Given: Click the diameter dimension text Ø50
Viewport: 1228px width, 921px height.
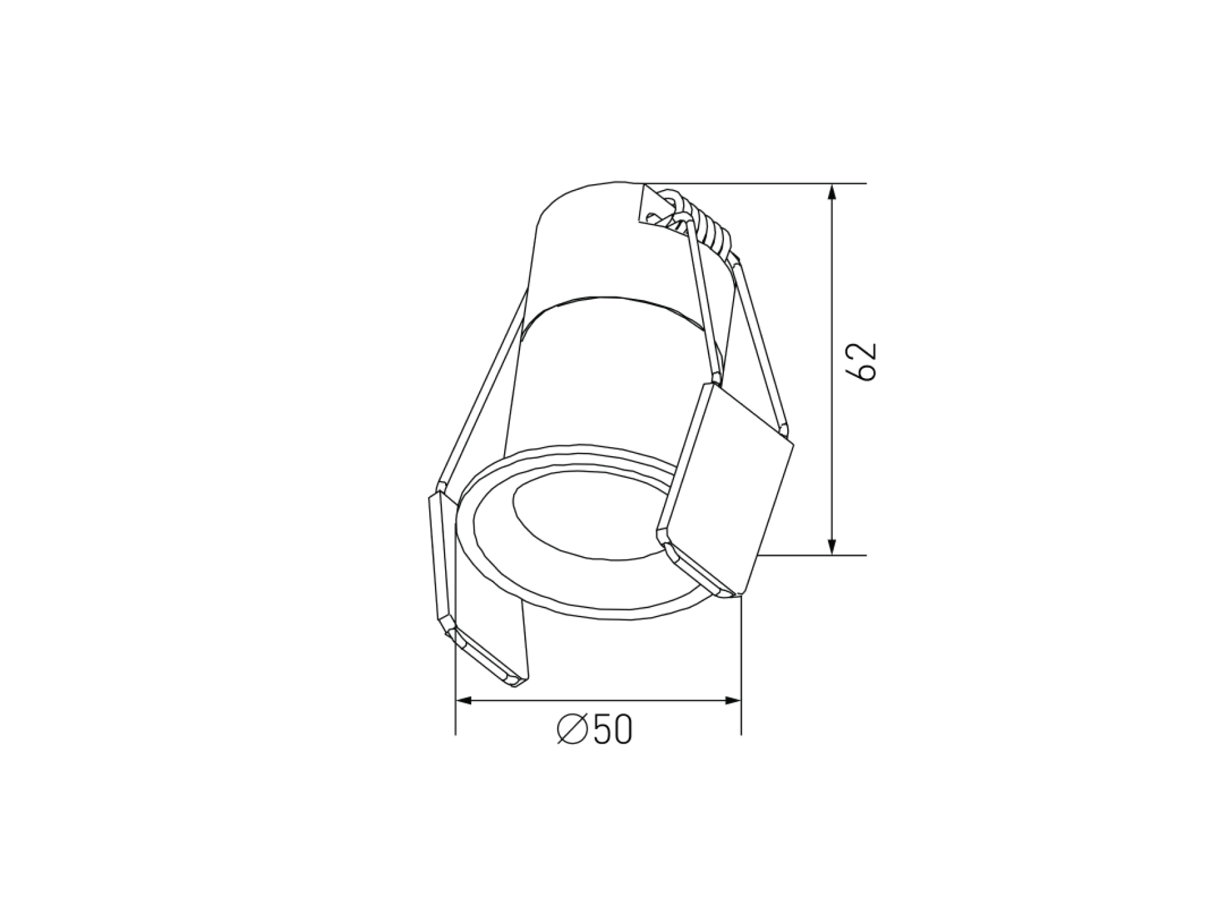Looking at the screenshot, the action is tap(594, 728).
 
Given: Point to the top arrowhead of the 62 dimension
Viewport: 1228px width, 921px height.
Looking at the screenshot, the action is tap(831, 193).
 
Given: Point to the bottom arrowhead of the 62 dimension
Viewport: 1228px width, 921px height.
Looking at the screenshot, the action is tap(831, 545).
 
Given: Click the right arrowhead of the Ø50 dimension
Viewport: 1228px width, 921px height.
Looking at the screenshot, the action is tap(732, 701).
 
